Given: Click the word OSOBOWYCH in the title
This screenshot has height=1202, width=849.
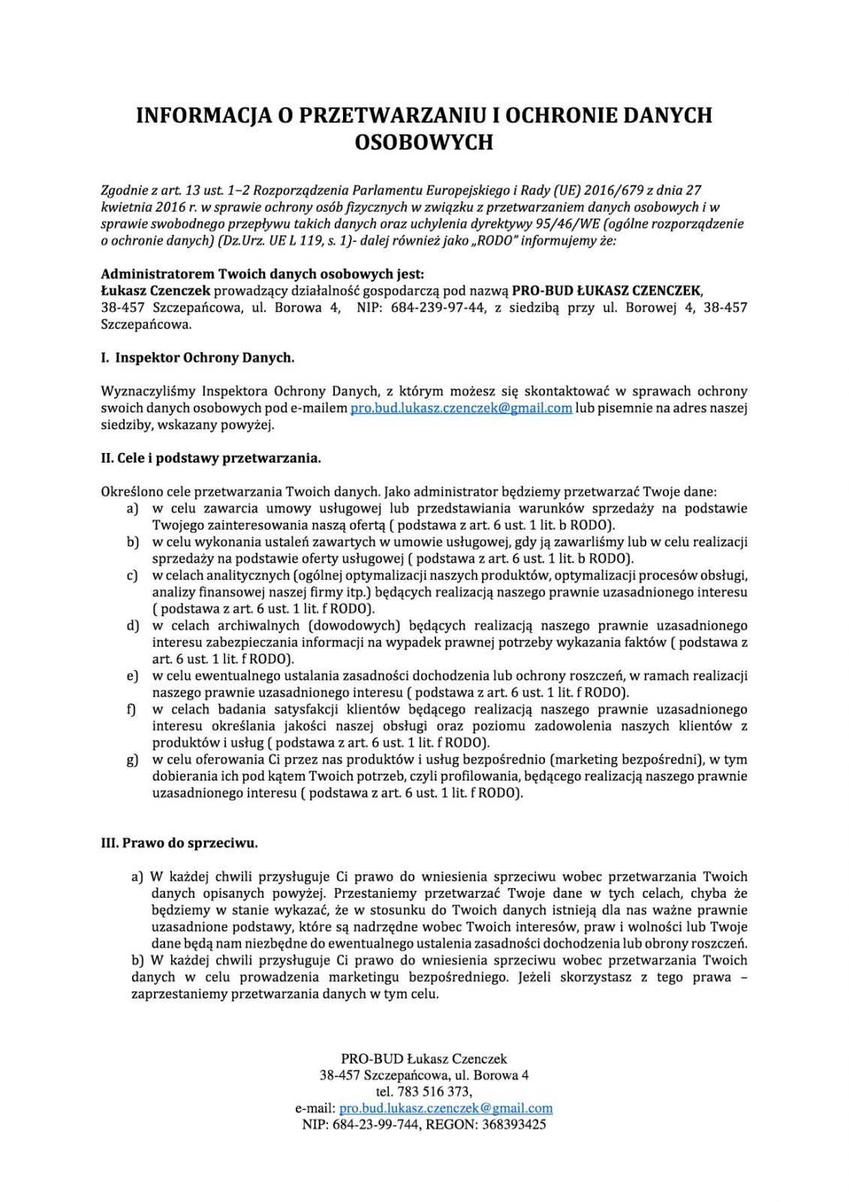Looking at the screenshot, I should (423, 142).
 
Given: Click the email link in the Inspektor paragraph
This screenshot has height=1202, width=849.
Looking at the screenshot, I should (462, 408).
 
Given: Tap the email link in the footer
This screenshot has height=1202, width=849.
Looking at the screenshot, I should (446, 1108).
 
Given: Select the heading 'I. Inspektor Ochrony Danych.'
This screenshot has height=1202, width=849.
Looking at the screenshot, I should (197, 358).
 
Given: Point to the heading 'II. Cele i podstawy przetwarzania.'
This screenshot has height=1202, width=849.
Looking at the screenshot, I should (211, 458).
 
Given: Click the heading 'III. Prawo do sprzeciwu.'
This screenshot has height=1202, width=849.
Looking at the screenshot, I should (179, 843).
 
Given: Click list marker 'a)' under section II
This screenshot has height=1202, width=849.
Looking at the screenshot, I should (133, 509).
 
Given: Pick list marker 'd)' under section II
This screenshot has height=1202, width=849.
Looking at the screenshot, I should (133, 625).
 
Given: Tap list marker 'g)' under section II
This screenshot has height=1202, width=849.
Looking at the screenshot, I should (133, 760).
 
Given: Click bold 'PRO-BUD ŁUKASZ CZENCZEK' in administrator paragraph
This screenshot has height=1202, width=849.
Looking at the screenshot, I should (607, 291).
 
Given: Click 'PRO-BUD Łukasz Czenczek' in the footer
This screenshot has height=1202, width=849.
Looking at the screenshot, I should (424, 1059).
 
